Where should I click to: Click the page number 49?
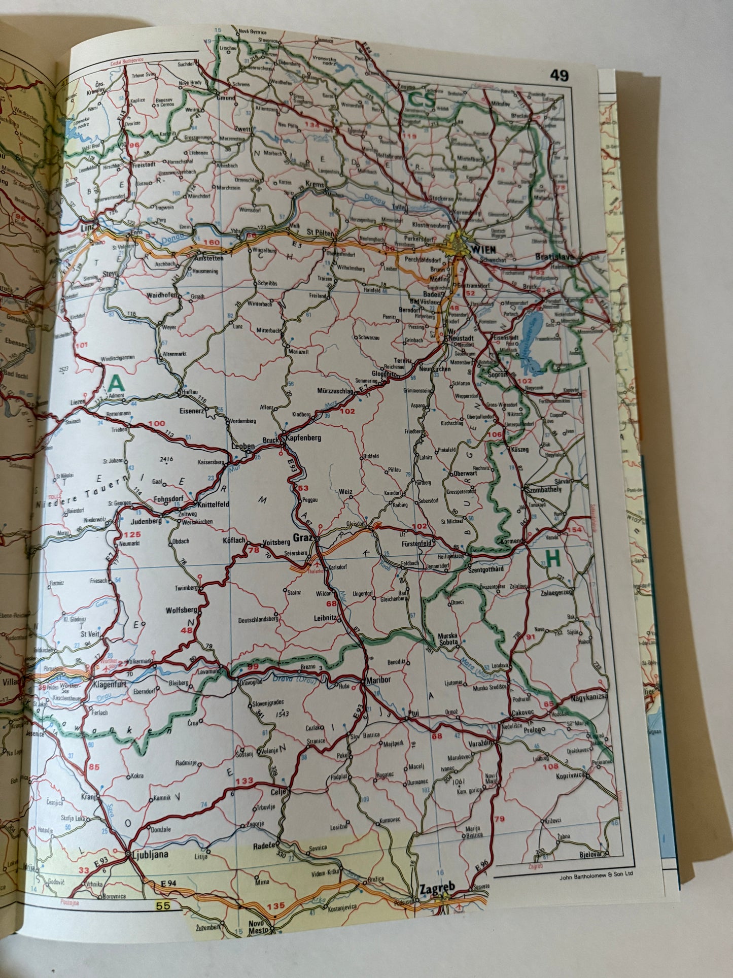point(560,76)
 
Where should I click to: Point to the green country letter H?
point(552,559)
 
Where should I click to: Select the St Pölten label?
point(321,233)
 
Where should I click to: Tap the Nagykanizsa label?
point(589,698)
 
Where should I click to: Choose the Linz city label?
point(88,228)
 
